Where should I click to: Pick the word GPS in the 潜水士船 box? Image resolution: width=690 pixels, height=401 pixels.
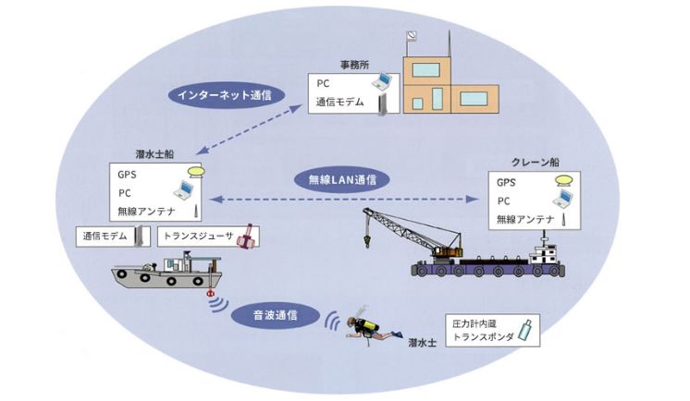click(127, 175)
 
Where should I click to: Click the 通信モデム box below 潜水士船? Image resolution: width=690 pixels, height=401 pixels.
click(112, 236)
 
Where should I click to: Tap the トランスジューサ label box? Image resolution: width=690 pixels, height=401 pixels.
click(208, 236)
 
